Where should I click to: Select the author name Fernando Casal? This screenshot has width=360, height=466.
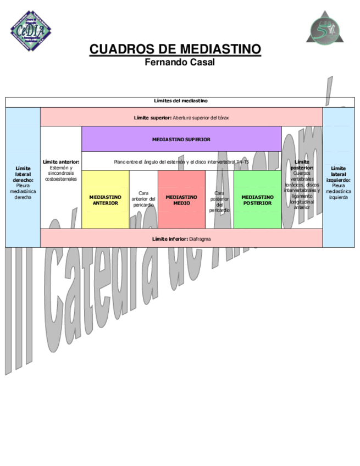pyautogui.click(x=179, y=62)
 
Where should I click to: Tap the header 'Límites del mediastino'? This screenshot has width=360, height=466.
pyautogui.click(x=180, y=101)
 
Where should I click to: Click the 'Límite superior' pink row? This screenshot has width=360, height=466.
pyautogui.click(x=181, y=118)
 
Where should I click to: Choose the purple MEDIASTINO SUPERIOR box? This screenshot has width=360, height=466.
pyautogui.click(x=181, y=140)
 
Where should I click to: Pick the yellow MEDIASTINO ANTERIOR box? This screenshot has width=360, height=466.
pyautogui.click(x=105, y=199)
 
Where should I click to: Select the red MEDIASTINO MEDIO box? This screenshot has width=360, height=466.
pyautogui.click(x=181, y=199)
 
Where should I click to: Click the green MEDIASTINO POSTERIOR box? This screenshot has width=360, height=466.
pyautogui.click(x=257, y=199)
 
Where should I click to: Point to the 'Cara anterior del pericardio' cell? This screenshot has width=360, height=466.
pyautogui.click(x=143, y=199)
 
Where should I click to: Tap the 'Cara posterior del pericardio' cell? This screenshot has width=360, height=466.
pyautogui.click(x=219, y=201)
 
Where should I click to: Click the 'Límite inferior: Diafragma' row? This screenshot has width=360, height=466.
pyautogui.click(x=181, y=239)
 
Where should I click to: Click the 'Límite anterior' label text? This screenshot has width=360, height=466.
pyautogui.click(x=61, y=162)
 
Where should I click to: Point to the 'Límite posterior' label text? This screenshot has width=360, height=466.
pyautogui.click(x=302, y=164)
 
